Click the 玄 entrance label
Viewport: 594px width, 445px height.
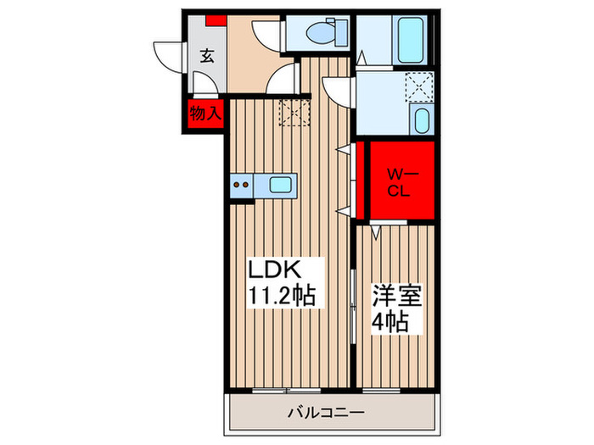[206, 57]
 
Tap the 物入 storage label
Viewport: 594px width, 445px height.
[205, 112]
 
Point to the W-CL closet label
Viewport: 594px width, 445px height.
[399, 181]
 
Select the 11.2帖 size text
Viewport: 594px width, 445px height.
[281, 296]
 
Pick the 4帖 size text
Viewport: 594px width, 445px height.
[390, 323]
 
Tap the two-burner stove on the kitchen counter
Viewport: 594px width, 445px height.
[241, 184]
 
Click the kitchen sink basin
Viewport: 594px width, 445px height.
[280, 183]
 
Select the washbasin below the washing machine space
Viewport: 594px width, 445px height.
[421, 120]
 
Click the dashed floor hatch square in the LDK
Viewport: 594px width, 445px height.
[296, 111]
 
